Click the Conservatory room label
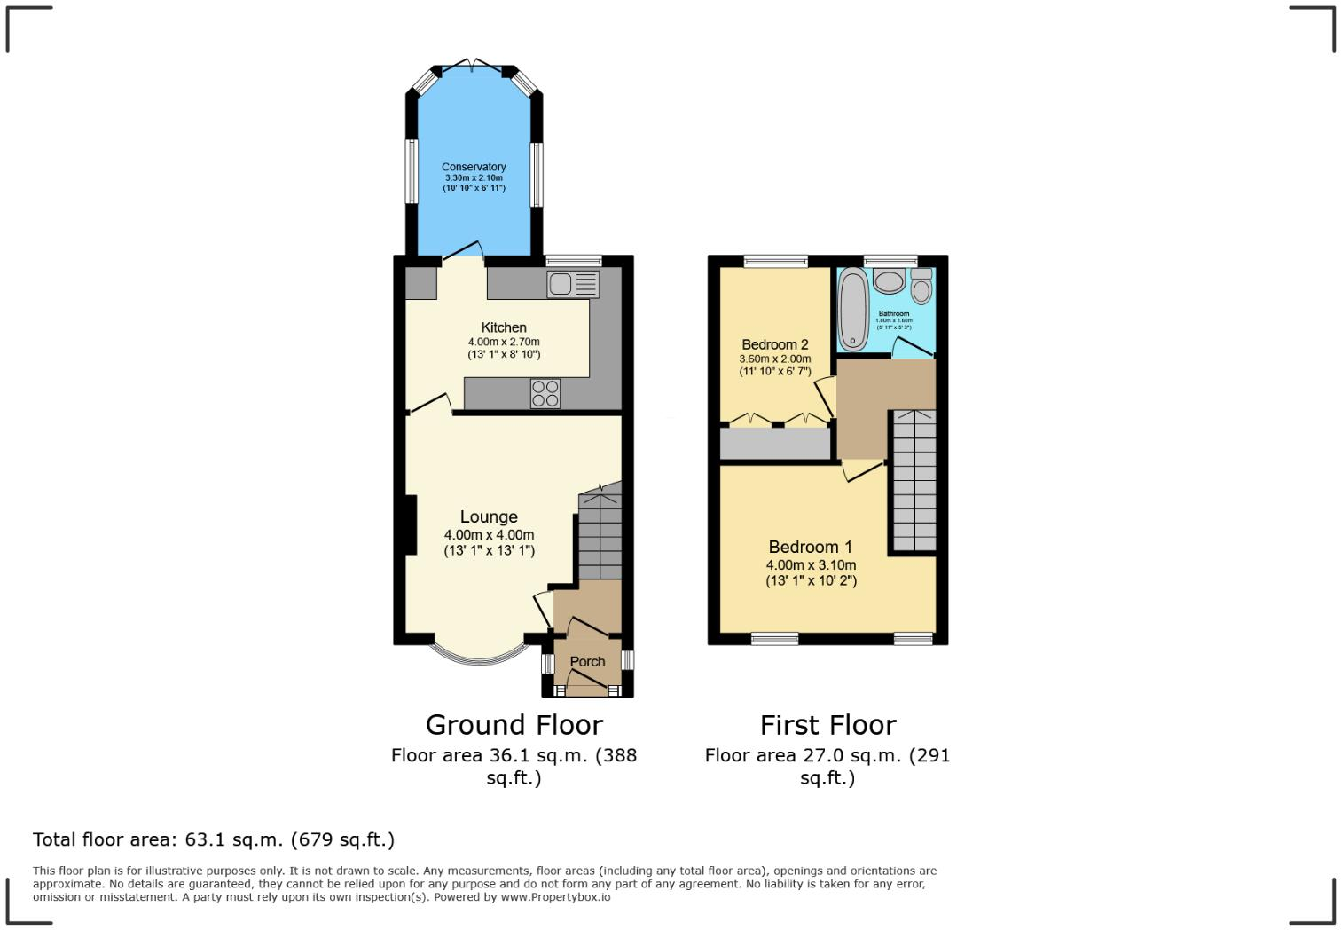[474, 167]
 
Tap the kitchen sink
[574, 284]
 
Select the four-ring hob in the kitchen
[545, 393]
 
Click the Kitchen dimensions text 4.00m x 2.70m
[504, 342]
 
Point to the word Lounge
[489, 516]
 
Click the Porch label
[587, 662]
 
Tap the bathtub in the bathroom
[853, 310]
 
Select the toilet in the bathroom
[921, 288]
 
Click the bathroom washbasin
[888, 281]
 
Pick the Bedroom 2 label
[775, 344]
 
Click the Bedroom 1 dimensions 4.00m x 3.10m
[811, 564]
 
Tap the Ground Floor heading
[514, 725]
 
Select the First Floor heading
[827, 725]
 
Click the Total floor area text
[214, 839]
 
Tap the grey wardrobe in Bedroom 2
[774, 444]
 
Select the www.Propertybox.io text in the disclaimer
[555, 897]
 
